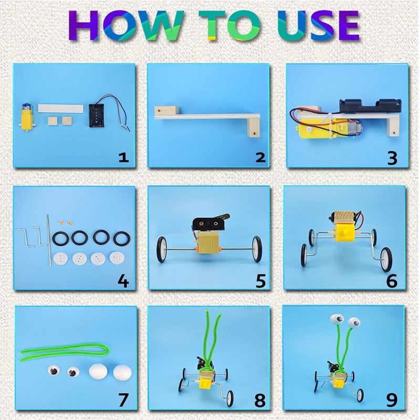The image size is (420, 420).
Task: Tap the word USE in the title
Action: pos(318,25)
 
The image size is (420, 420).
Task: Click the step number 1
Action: pos(124,157)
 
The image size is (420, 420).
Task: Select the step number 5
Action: pos(260,281)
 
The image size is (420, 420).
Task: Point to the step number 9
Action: pos(392,401)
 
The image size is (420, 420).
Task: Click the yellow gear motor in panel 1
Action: pos(26,117)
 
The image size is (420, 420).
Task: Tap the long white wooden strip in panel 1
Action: pos(60,109)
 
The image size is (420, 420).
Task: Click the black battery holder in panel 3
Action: pos(371,106)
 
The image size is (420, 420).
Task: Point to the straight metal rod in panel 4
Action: pos(49,240)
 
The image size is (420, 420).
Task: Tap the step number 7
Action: pos(123,400)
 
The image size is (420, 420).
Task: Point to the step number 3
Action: pos(392,158)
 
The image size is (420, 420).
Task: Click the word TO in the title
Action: pos(229,25)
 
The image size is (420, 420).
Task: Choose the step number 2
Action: pos(260,157)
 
